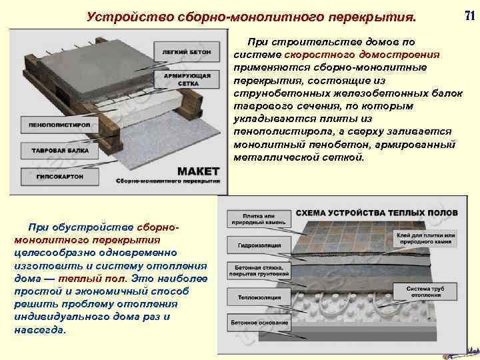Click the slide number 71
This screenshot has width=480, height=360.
coord(467,14)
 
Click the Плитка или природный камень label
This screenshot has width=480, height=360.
coord(259,220)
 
